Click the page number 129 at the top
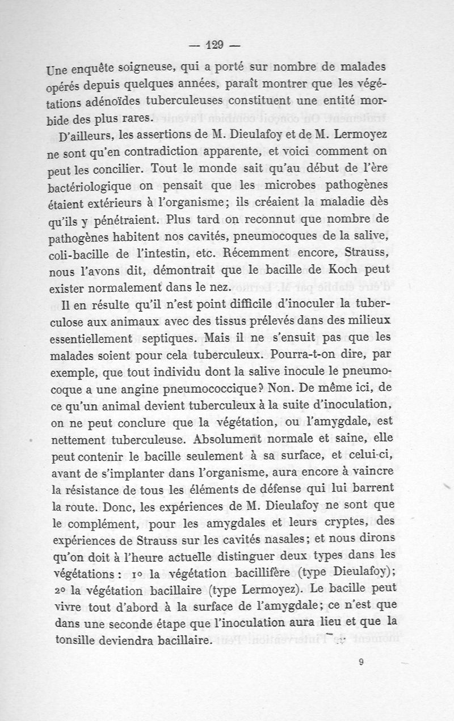216,45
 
